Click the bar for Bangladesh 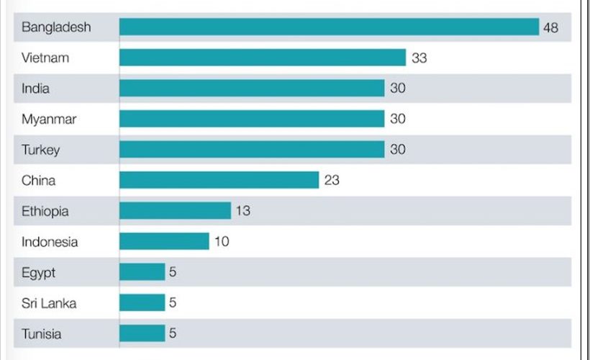pyautogui.click(x=329, y=27)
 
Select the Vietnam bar pyautogui.click(x=263, y=58)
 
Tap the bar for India pyautogui.click(x=252, y=88)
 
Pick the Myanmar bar pyautogui.click(x=252, y=119)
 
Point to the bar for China pyautogui.click(x=219, y=180)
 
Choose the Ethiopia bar pyautogui.click(x=175, y=211)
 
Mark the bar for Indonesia pyautogui.click(x=164, y=242)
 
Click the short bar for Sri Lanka pyautogui.click(x=142, y=303)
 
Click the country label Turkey pyautogui.click(x=41, y=150)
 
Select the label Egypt pyautogui.click(x=39, y=273)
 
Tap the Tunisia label pyautogui.click(x=42, y=334)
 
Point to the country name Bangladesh pyautogui.click(x=56, y=27)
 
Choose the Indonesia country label pyautogui.click(x=50, y=242)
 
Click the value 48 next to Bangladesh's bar pyautogui.click(x=551, y=27)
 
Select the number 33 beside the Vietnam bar pyautogui.click(x=419, y=58)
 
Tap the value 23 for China pyautogui.click(x=332, y=180)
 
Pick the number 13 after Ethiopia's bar pyautogui.click(x=243, y=211)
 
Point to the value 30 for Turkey pyautogui.click(x=398, y=150)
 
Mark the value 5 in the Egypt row pyautogui.click(x=173, y=273)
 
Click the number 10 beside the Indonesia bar pyautogui.click(x=222, y=242)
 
